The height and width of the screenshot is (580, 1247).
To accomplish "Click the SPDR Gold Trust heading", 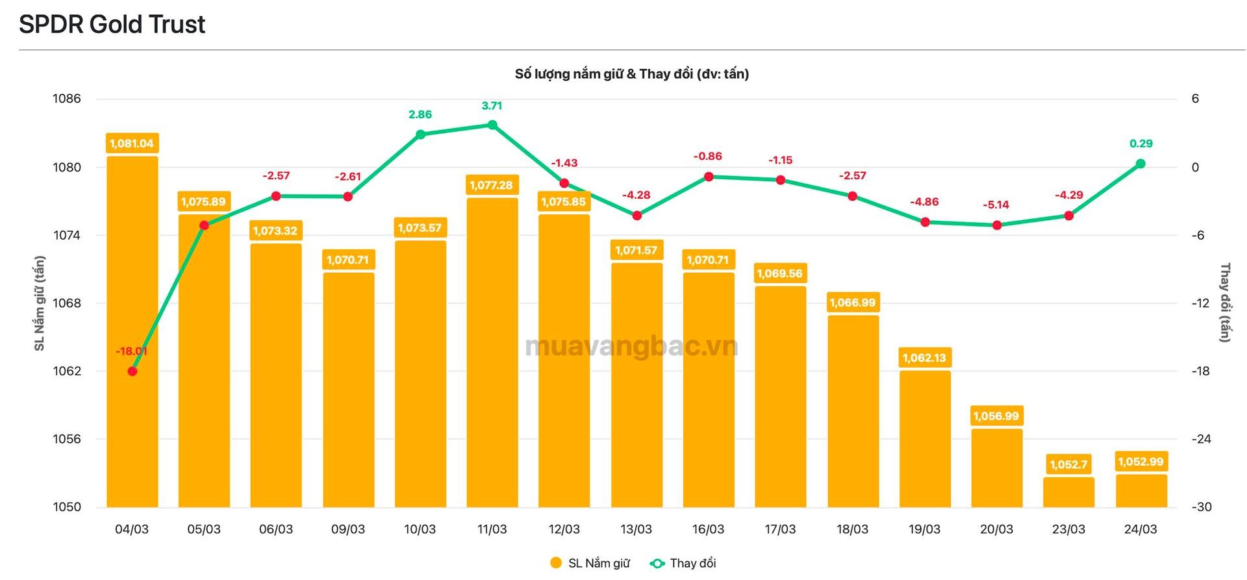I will tap(112, 25).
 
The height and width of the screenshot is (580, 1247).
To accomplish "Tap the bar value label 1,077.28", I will tap(492, 185).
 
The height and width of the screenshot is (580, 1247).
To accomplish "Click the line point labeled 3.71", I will tap(492, 125).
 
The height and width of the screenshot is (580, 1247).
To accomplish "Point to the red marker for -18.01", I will tap(132, 372).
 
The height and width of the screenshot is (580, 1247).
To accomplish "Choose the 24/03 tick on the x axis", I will tap(1140, 529).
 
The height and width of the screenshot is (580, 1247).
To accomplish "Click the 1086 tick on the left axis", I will tap(67, 99).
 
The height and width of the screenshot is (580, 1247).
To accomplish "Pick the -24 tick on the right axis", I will tap(1201, 439).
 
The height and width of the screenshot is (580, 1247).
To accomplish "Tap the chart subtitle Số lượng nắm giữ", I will tap(631, 74).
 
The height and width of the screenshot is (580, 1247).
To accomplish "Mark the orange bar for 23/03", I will tap(1068, 492).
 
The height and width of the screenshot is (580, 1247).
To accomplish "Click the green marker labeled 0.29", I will tap(1140, 164).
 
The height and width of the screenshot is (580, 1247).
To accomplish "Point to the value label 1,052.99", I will tap(1141, 462).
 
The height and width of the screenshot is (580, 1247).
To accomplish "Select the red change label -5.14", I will tap(996, 205).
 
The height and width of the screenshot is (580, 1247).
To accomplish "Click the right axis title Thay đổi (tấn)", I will tap(1225, 303).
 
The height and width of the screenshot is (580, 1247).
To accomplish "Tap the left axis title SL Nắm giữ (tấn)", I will tap(40, 303).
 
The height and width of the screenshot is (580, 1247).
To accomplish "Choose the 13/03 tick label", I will tap(636, 529).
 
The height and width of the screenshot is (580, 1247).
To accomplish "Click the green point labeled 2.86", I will tap(420, 134).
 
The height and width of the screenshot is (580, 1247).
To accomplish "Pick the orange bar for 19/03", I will tap(925, 438).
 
